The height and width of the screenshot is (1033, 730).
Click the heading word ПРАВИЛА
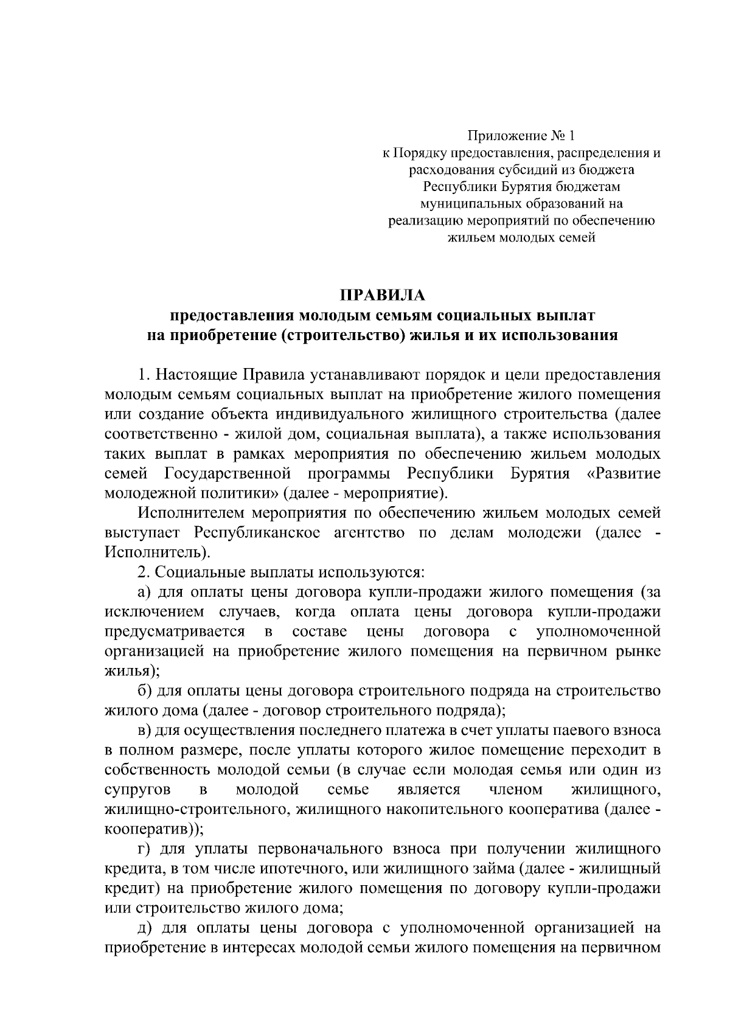383,296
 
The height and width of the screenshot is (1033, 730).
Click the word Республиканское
256,533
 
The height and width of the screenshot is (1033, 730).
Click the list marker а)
144,592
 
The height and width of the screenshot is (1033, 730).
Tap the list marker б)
145,690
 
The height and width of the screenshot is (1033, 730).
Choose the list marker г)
144,849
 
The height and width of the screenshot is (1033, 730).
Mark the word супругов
133,790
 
